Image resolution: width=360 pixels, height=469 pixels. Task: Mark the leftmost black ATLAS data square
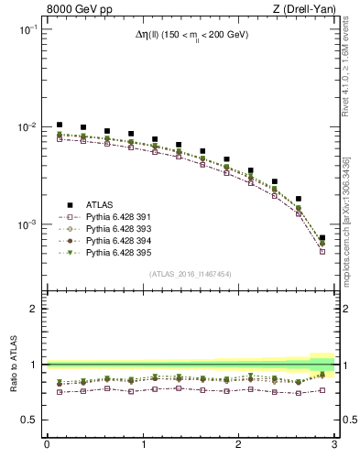point(60,125)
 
